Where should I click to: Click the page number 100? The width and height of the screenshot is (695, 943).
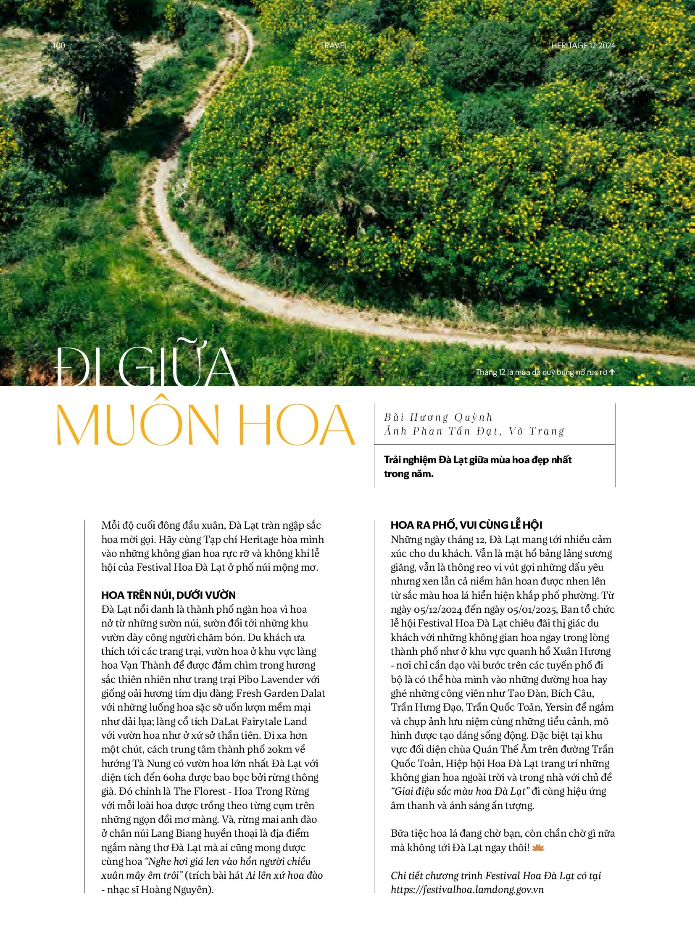point(59,45)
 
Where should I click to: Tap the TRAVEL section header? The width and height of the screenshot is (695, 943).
point(334,45)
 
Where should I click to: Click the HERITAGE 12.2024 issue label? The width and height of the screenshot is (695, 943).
point(583,45)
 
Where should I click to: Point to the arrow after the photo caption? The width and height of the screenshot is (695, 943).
point(612,372)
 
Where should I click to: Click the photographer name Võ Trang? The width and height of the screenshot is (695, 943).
point(537,431)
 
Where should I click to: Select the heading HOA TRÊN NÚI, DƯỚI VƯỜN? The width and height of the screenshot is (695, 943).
point(168,595)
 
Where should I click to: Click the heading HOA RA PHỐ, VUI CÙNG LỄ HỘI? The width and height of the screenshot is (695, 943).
point(466,525)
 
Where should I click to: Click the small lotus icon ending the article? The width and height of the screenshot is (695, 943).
point(538,848)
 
